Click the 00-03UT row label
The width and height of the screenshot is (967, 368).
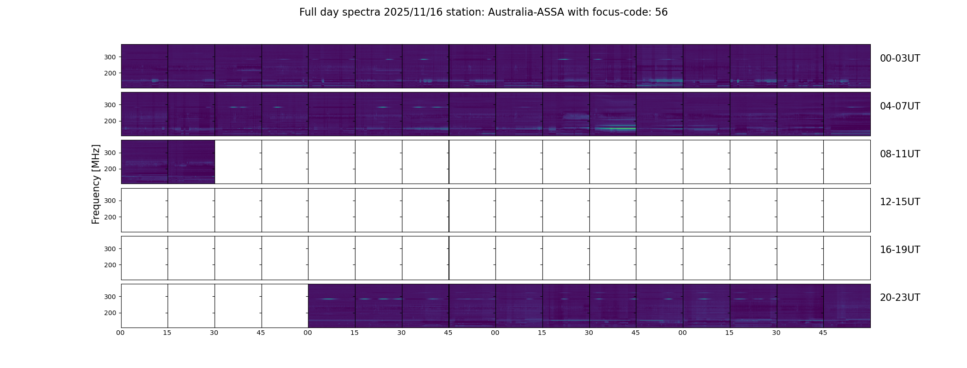point(900,58)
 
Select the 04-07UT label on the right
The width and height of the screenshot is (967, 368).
point(900,106)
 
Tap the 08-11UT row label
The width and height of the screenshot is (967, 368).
point(900,154)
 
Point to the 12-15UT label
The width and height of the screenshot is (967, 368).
point(900,202)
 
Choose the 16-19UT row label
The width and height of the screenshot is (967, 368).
point(900,250)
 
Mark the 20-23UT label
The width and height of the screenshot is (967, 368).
point(900,298)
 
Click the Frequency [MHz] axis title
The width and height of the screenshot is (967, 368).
point(96,184)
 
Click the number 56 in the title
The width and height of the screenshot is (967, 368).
point(661,12)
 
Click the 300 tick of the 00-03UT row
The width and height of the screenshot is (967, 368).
point(110,57)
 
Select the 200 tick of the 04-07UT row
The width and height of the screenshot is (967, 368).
point(110,121)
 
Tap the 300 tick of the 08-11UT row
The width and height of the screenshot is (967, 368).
point(110,153)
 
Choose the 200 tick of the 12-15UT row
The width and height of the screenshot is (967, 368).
point(110,217)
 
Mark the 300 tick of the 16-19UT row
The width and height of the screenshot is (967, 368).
point(110,249)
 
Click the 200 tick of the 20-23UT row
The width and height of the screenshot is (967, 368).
point(110,313)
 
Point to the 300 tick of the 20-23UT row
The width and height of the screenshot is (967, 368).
point(110,297)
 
